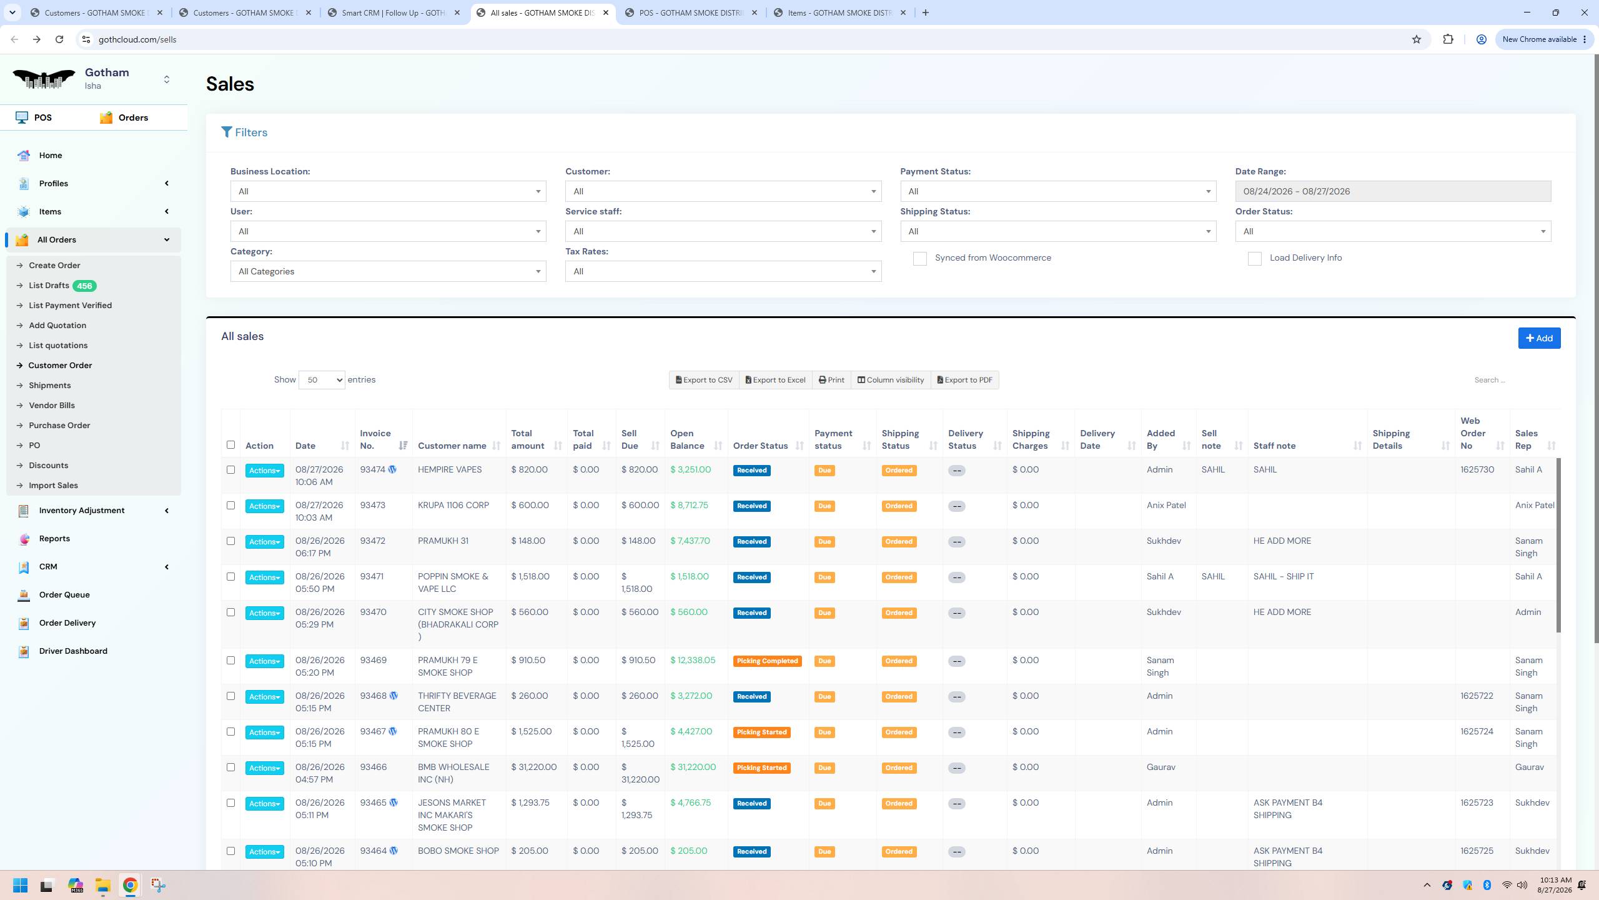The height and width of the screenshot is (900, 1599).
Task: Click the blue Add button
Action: pyautogui.click(x=1539, y=338)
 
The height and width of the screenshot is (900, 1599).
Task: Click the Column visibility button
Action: pyautogui.click(x=891, y=380)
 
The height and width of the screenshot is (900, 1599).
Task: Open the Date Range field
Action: pyautogui.click(x=1393, y=191)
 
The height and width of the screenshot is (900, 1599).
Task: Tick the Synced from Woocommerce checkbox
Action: pyautogui.click(x=920, y=259)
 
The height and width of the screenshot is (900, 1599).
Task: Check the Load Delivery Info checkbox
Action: pyautogui.click(x=1255, y=259)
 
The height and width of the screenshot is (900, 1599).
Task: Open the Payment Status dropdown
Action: pyautogui.click(x=1058, y=191)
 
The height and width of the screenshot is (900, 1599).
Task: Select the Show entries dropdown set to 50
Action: pyautogui.click(x=322, y=380)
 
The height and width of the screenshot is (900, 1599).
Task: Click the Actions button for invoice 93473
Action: pyautogui.click(x=264, y=506)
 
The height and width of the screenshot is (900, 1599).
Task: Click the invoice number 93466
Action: pyautogui.click(x=374, y=767)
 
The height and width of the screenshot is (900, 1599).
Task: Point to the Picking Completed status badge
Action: pyautogui.click(x=767, y=661)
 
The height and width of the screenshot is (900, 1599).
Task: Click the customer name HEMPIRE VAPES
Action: pyautogui.click(x=450, y=469)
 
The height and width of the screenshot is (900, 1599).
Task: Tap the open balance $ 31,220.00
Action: pyautogui.click(x=693, y=767)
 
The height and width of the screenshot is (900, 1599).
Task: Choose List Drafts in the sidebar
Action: pyautogui.click(x=49, y=286)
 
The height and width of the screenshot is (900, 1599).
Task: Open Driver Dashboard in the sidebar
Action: pyautogui.click(x=73, y=651)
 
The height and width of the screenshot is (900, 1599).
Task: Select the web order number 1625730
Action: pyautogui.click(x=1477, y=469)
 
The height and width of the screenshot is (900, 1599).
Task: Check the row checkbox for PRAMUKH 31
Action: pyautogui.click(x=230, y=541)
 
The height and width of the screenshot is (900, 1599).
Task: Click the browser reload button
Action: pyautogui.click(x=59, y=39)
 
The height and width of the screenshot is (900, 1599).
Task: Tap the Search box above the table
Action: pyautogui.click(x=1512, y=380)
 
